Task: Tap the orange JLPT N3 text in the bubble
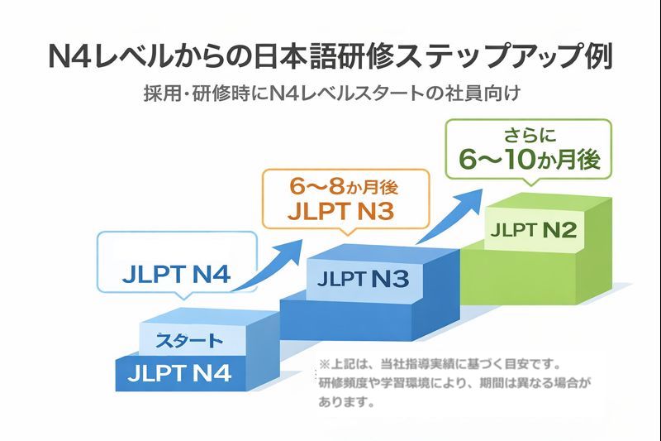(x=340, y=211)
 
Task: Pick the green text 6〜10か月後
(x=529, y=160)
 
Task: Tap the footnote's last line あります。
(x=347, y=405)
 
